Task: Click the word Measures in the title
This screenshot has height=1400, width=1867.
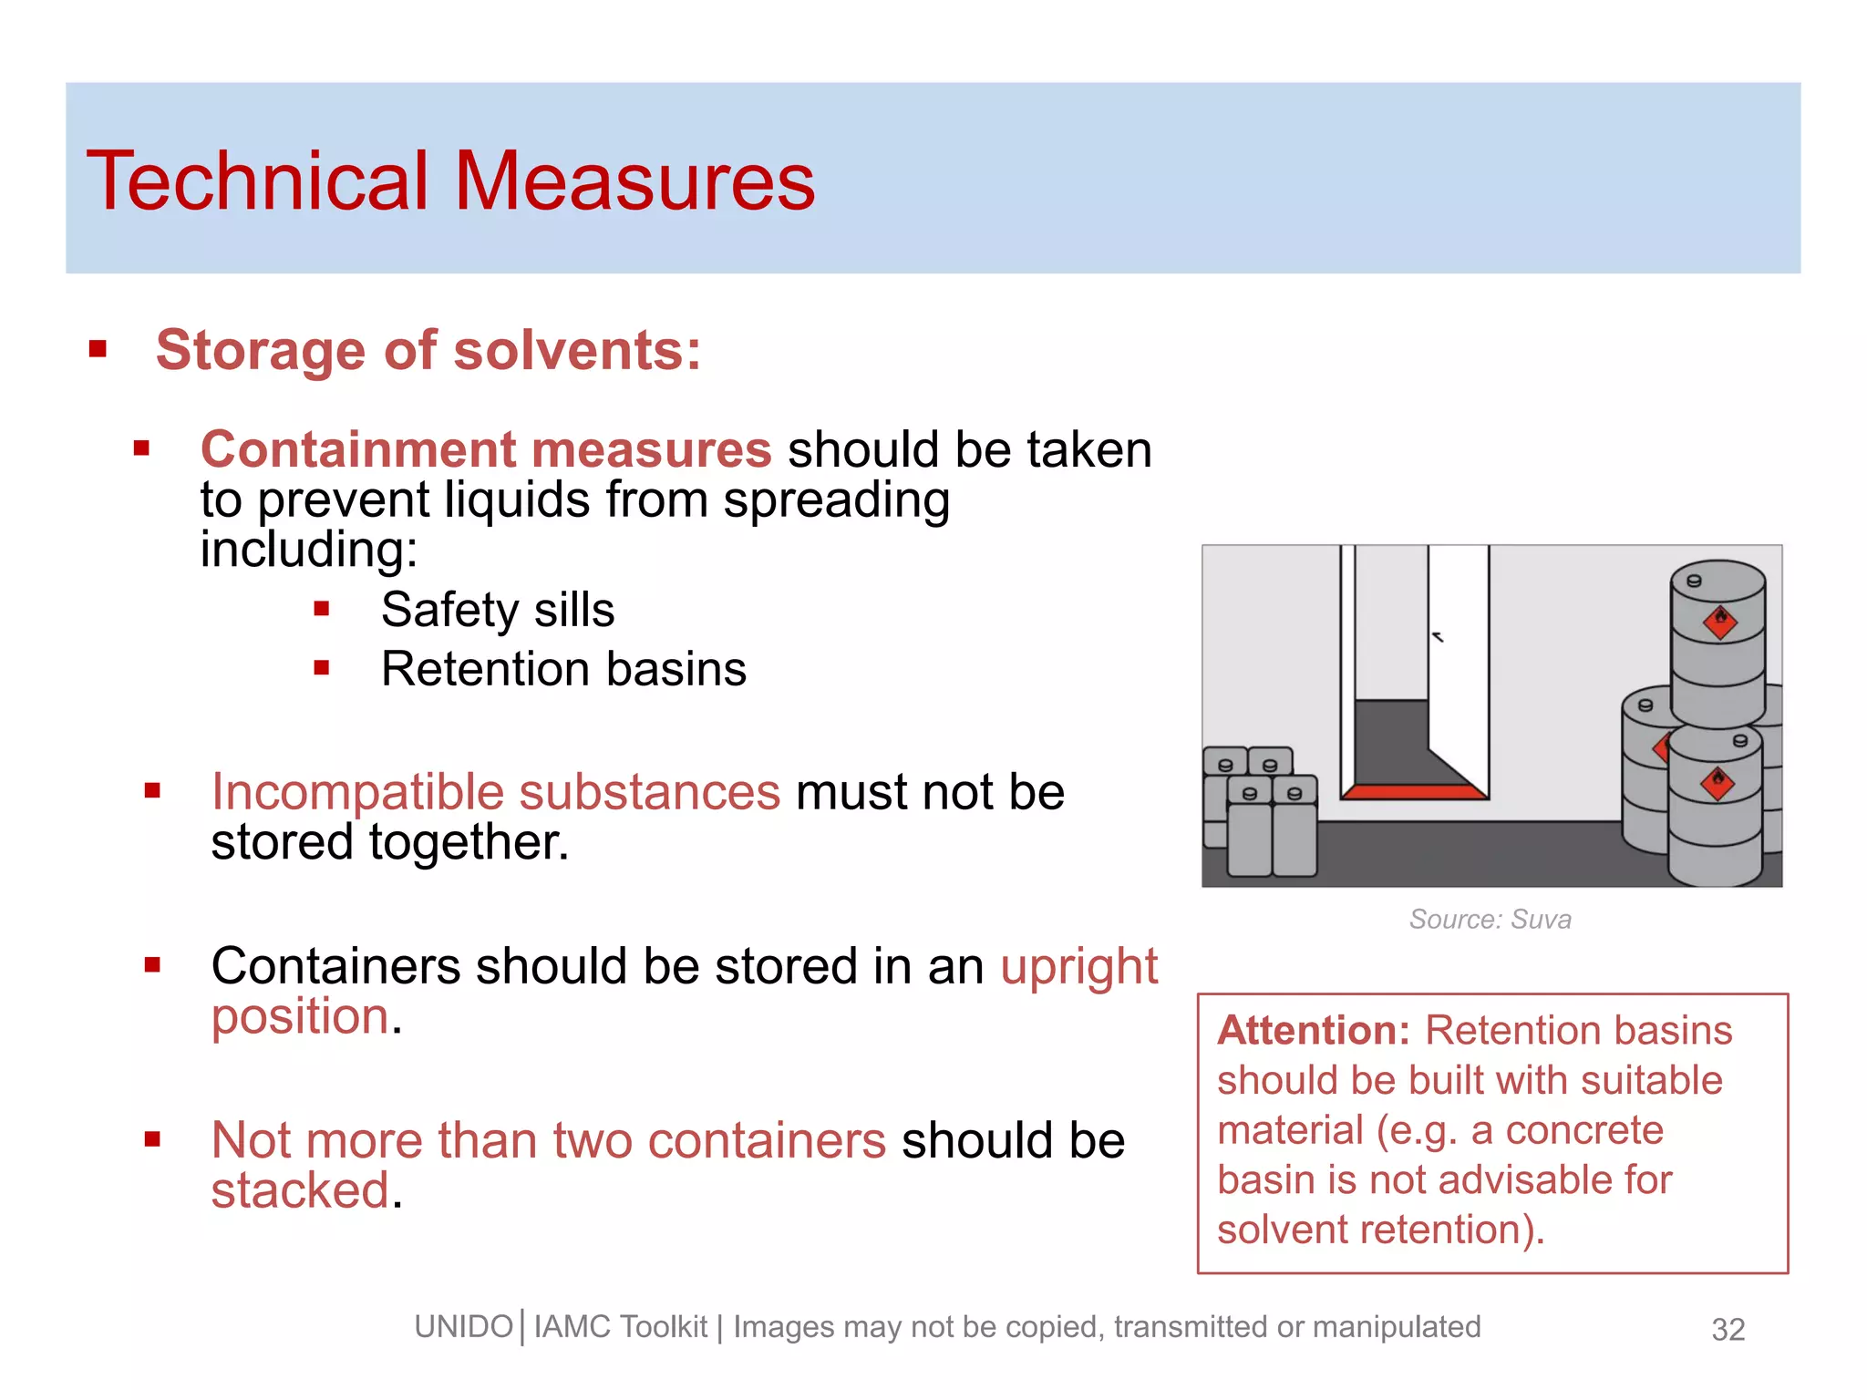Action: coord(634,181)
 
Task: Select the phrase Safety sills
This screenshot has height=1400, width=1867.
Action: coord(498,610)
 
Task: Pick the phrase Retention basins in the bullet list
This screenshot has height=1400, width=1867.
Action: coord(563,669)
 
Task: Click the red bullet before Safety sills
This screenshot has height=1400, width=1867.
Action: coord(321,609)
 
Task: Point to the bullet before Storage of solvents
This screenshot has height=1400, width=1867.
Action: coord(98,349)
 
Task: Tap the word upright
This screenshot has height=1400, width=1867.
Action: coord(1078,966)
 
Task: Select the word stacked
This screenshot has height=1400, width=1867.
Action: coord(300,1190)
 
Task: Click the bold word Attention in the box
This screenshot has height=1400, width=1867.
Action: coord(1313,1031)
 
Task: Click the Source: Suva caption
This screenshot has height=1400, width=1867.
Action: coord(1490,919)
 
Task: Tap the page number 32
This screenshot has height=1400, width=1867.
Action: coord(1728,1330)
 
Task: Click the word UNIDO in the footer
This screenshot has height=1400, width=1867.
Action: coord(463,1327)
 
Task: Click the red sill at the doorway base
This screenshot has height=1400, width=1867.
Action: coord(1414,792)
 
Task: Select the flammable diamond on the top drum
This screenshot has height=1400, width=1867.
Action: coord(1720,623)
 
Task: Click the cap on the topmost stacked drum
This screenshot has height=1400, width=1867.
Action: coord(1694,581)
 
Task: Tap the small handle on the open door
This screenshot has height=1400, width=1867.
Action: coord(1438,637)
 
